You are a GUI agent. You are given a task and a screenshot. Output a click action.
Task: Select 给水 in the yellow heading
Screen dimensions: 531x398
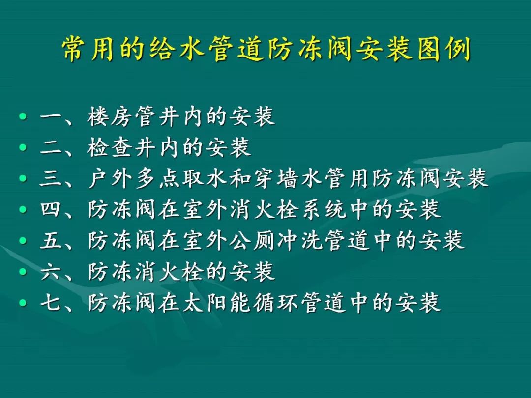tap(177, 49)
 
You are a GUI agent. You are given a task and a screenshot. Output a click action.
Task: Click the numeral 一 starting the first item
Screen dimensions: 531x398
tap(51, 117)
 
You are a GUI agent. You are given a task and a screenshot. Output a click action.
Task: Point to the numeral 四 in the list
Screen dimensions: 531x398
tap(51, 209)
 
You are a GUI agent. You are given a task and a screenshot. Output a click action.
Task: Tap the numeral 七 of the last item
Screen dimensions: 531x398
tap(51, 302)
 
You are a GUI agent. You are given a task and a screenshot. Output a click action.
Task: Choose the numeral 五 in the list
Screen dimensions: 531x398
tap(51, 240)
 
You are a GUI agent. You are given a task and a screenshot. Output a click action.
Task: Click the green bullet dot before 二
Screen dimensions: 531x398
tap(23, 147)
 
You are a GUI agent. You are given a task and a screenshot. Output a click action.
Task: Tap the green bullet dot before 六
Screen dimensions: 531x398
tap(23, 271)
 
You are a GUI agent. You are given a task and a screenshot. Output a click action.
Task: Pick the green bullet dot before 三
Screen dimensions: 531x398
tap(23, 178)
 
